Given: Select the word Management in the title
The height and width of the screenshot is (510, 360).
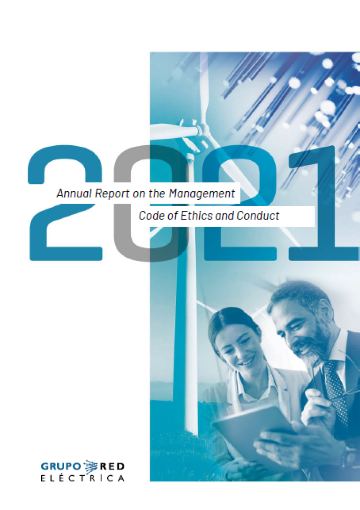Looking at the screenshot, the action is click(x=202, y=194).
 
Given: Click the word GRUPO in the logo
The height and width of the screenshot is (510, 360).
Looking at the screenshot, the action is click(x=61, y=466).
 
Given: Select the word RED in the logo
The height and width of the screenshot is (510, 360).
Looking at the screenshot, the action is click(x=112, y=466).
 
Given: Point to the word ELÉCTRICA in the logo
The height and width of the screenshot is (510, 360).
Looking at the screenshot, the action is click(x=82, y=478).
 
